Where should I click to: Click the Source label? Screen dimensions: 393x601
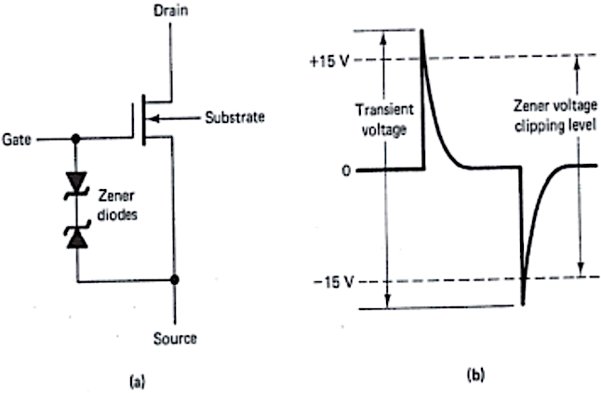tap(174, 338)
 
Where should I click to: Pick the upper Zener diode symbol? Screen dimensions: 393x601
tap(76, 182)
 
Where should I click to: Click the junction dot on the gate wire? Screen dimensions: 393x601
tap(76, 140)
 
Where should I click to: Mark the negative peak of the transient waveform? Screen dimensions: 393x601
tap(523, 302)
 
